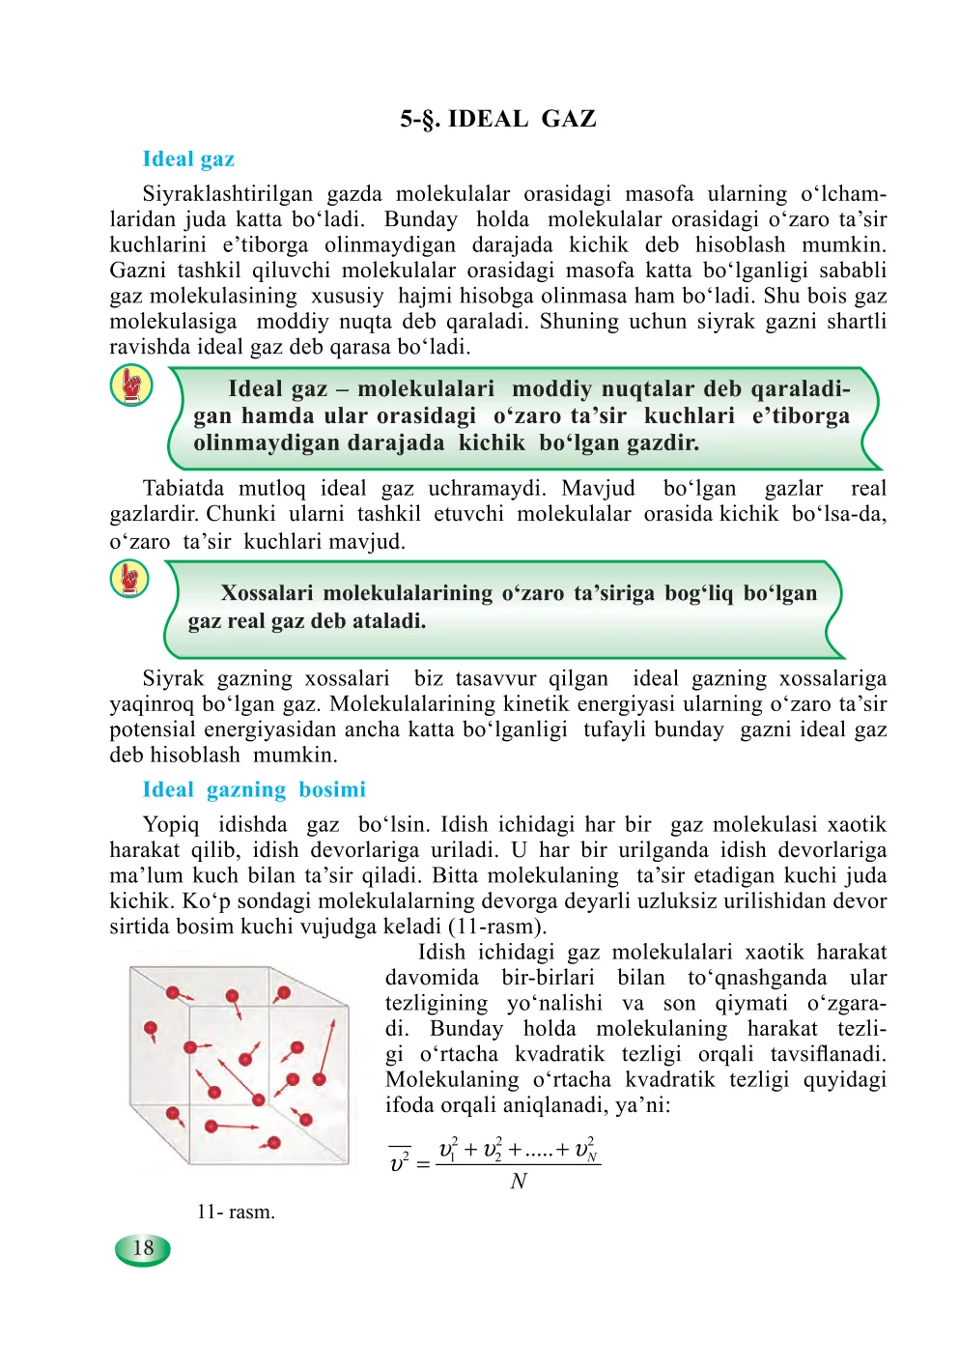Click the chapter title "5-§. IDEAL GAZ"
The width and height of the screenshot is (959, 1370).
498,119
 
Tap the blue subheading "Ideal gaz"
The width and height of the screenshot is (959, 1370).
188,159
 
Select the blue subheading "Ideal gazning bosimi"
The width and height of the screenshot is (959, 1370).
254,790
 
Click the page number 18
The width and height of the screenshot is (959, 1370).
143,1248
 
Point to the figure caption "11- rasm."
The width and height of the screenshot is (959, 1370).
236,1212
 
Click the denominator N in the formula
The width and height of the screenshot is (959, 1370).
519,1181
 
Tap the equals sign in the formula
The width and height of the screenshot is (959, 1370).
423,1163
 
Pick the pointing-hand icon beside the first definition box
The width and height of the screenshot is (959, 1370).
131,385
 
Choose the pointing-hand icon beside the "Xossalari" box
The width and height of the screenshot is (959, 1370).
129,580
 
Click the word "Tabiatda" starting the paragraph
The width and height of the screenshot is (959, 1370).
183,489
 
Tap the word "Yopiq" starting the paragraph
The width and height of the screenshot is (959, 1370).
171,825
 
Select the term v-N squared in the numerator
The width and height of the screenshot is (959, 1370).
585,1150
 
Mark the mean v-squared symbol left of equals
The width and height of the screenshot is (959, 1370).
400,1161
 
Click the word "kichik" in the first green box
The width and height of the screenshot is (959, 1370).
492,443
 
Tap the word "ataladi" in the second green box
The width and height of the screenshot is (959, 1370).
388,621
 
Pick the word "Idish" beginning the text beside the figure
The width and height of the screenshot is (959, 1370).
441,953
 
